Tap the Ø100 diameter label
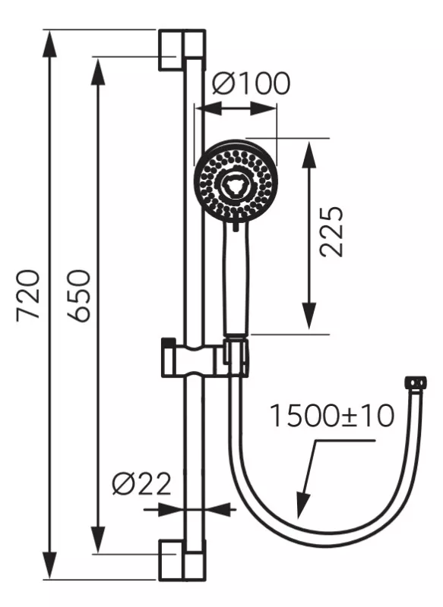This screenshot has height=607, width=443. [251, 83]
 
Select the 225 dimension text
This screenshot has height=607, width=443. [332, 231]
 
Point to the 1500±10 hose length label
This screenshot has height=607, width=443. [332, 415]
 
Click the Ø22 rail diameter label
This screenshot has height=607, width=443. [141, 483]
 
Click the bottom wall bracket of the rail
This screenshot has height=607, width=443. [182, 559]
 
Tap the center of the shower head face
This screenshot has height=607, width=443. [236, 182]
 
